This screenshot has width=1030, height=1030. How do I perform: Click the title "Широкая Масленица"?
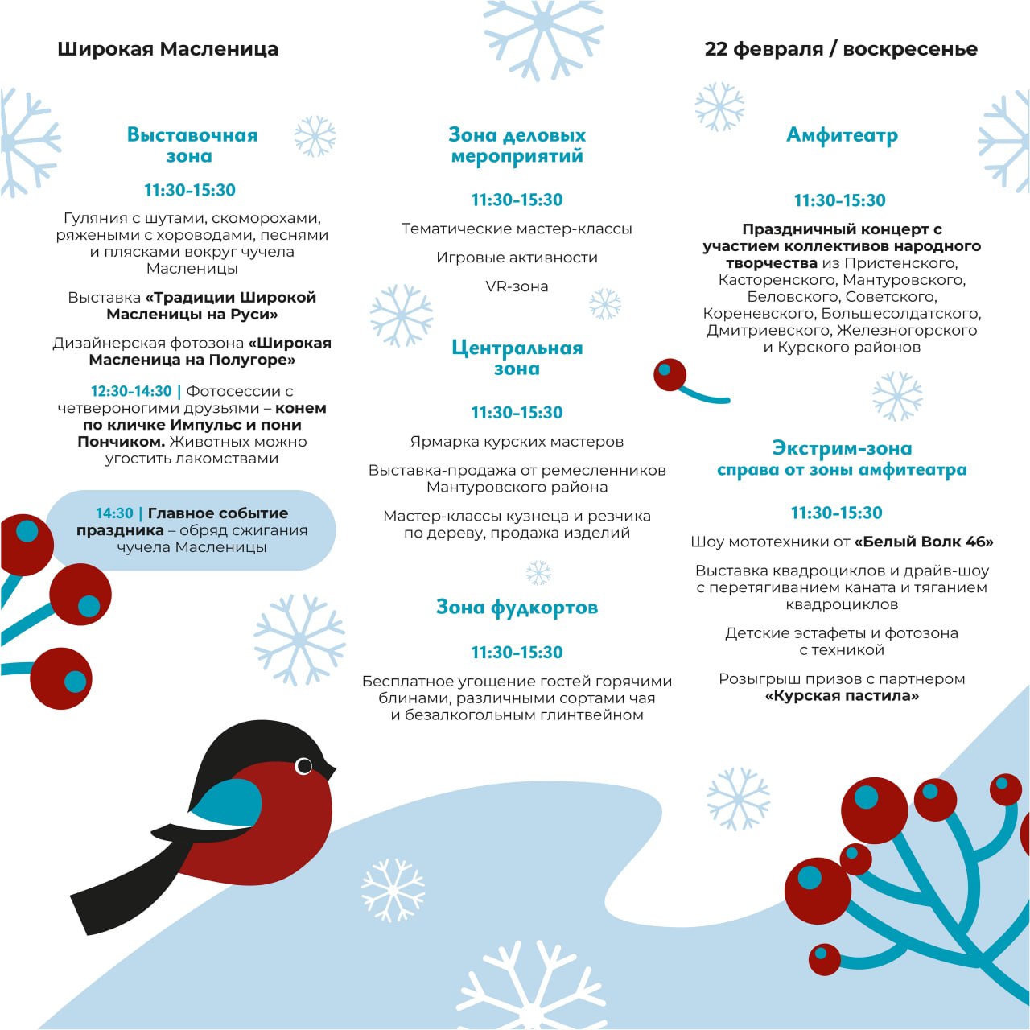coord(167,49)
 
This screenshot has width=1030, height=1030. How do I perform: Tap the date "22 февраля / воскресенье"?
coord(841,49)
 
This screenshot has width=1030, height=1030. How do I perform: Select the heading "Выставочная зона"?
coord(192,145)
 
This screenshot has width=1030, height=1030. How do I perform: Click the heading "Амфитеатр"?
coord(842,135)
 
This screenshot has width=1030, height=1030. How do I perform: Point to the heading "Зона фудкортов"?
coord(517,607)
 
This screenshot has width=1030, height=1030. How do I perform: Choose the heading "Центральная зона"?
coord(517,358)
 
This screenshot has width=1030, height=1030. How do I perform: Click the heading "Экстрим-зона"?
coord(842,448)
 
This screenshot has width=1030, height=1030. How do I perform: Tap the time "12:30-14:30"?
coord(131,391)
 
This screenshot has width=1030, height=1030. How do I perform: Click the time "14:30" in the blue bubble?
coord(114,513)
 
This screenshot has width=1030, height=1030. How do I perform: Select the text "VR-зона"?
coord(517,286)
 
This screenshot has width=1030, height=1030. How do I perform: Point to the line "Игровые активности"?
coord(517,257)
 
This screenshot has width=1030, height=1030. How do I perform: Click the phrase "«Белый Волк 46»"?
coord(924,542)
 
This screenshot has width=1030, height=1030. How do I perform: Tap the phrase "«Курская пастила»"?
coord(842,696)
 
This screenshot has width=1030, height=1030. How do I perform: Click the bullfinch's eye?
coord(304,766)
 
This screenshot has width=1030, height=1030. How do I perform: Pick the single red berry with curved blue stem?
coord(669,374)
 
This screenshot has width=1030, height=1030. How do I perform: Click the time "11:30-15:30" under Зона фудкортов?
coord(517,653)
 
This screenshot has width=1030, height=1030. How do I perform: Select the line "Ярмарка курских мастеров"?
coord(517,442)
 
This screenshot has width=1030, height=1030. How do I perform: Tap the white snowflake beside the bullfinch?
coord(393,889)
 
